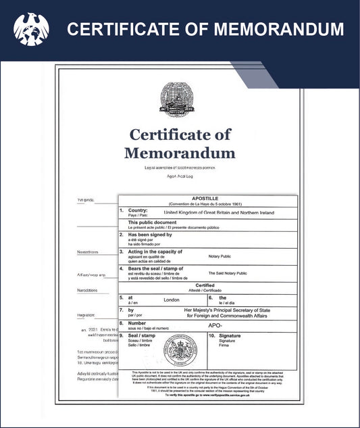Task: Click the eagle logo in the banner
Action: coord(30,30)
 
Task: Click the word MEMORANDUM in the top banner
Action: coord(274,30)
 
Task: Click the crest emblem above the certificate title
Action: coord(180,99)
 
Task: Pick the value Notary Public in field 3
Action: coord(222,257)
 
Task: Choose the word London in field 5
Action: coord(172,299)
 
